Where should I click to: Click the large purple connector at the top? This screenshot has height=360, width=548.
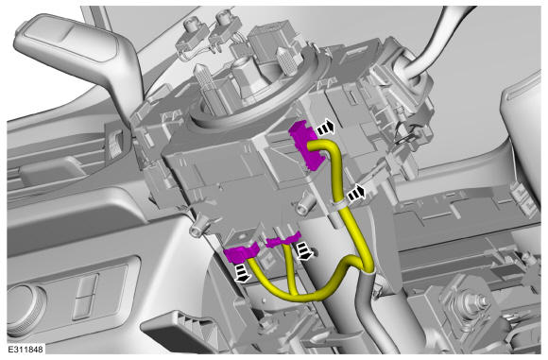coord(307,146)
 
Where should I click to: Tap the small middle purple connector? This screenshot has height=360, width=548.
coord(283,239)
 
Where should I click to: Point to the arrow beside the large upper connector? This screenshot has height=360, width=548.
coord(326,128)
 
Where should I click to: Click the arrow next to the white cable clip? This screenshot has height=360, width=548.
coord(356,193)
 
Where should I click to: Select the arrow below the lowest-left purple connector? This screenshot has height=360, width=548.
coord(242,274)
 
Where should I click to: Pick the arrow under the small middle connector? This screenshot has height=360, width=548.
coord(303,252)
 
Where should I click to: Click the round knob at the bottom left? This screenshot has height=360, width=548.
coord(24,309)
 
